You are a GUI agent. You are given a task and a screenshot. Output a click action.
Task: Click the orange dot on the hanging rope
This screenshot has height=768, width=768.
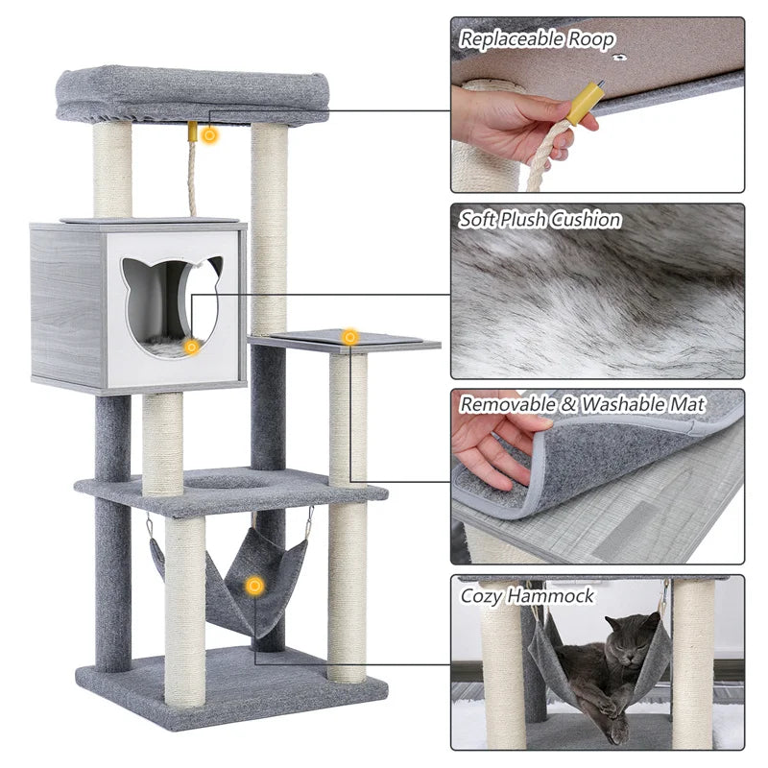209,135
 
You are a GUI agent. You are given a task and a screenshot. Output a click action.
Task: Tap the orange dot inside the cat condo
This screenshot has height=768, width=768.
192,347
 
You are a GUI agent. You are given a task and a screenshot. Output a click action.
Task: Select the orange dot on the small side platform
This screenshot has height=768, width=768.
350,337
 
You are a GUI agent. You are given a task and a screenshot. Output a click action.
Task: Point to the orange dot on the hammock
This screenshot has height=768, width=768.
254,585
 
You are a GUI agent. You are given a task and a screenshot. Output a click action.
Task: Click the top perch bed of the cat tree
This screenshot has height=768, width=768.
192,94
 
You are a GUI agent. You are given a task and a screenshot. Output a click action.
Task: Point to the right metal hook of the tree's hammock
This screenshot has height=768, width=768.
308,523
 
